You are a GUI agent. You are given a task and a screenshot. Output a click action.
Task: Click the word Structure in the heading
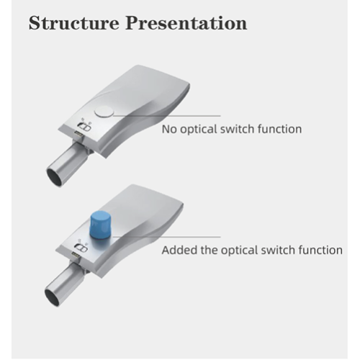(x=74, y=22)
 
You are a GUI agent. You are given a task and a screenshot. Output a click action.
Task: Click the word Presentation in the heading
(x=186, y=22)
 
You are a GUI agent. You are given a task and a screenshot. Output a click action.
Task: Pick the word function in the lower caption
(x=320, y=251)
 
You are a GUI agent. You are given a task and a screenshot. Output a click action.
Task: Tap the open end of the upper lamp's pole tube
(x=55, y=175)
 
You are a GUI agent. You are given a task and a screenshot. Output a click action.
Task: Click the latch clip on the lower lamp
(x=80, y=248)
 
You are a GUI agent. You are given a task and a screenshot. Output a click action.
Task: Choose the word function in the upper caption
(x=280, y=129)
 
